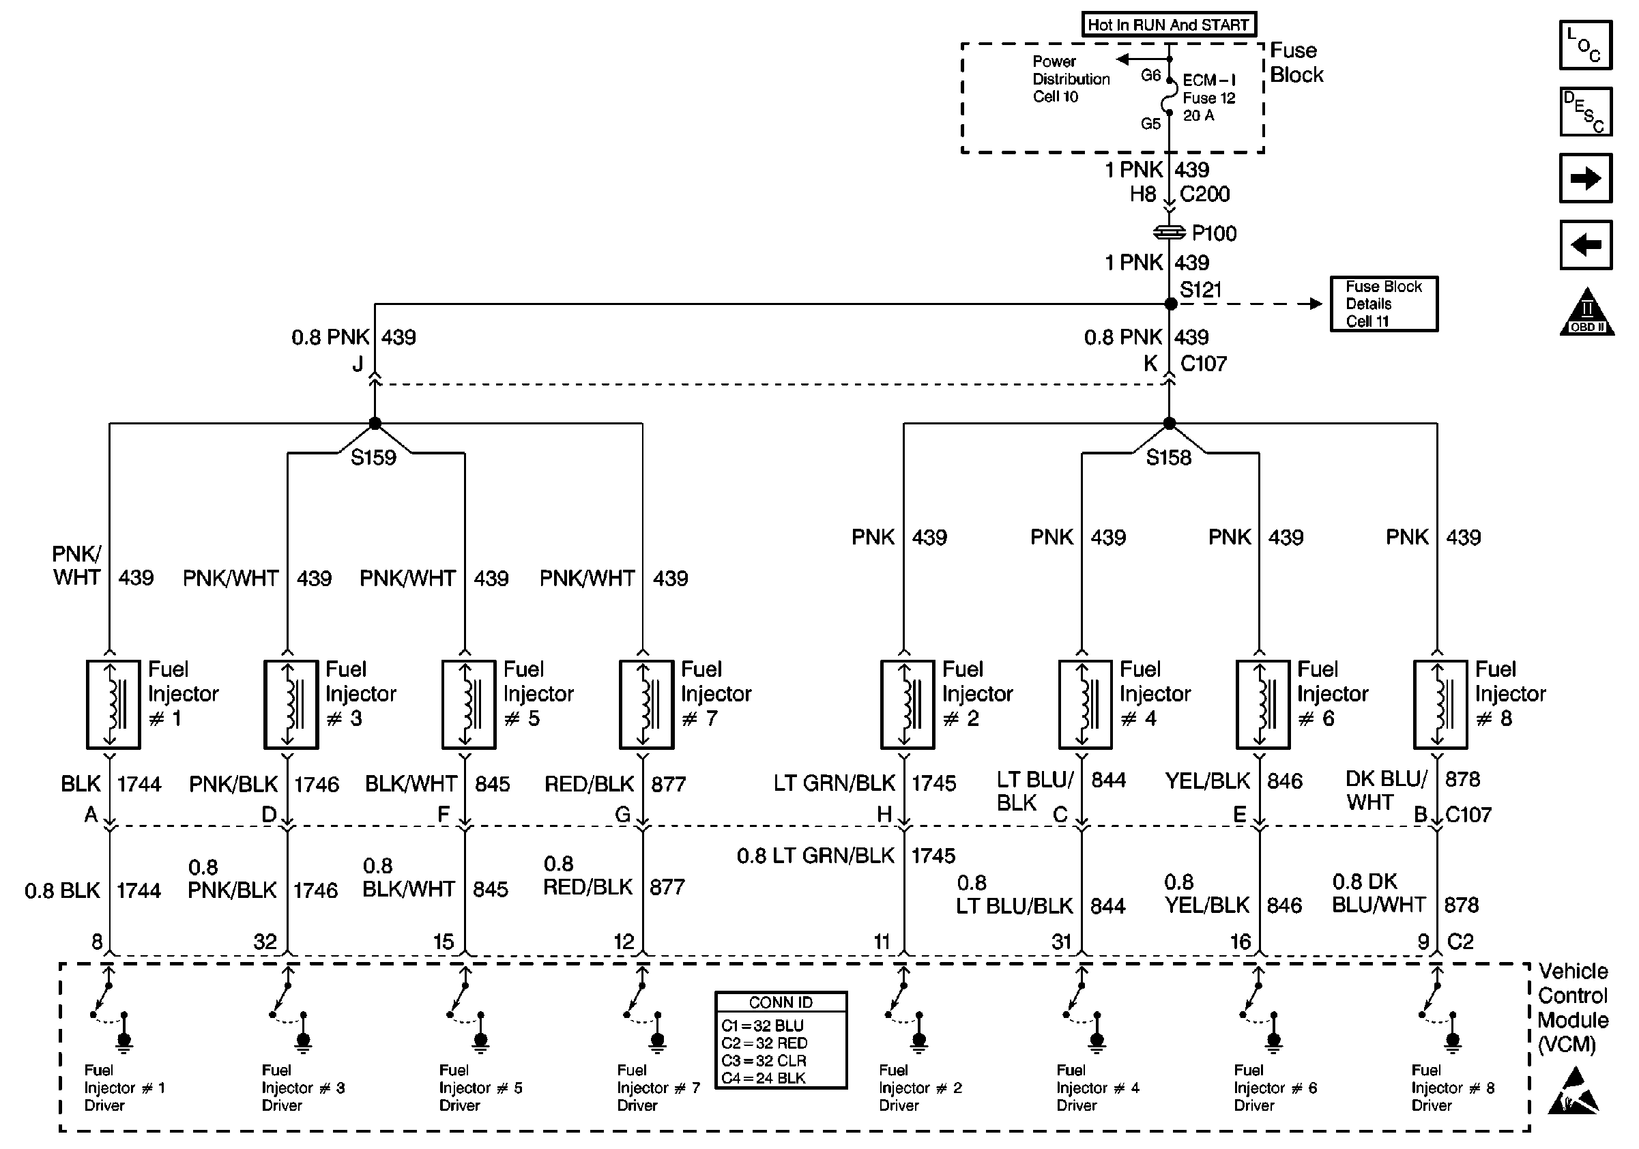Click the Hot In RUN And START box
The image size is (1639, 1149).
[1169, 25]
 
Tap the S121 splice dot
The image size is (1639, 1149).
[1171, 304]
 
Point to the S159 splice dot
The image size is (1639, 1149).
[375, 423]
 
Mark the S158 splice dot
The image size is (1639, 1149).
[1170, 423]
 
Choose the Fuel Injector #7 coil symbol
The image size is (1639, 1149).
[647, 704]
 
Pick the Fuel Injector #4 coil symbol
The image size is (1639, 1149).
[1086, 704]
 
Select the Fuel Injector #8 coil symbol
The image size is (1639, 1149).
[1441, 704]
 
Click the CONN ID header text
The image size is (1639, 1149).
[781, 1003]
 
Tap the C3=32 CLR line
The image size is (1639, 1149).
[764, 1061]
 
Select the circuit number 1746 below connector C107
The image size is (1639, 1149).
[315, 890]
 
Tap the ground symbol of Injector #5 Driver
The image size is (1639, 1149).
[481, 1043]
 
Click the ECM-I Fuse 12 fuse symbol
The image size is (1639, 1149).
[1170, 96]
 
